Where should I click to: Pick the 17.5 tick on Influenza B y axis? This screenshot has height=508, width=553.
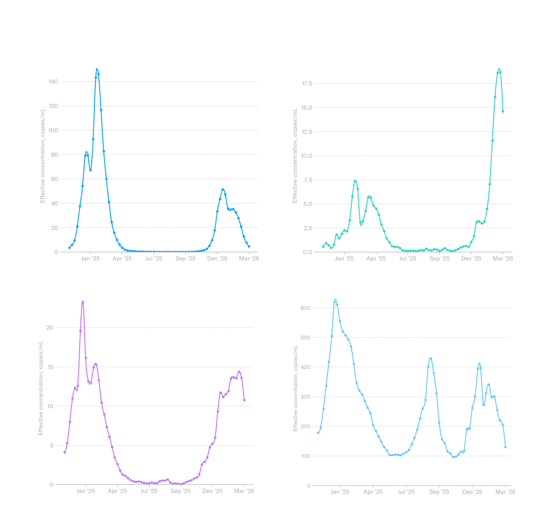tap(307, 83)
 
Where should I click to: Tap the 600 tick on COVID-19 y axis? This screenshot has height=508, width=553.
tap(305, 308)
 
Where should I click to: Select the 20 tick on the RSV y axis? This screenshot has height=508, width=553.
tap(50, 328)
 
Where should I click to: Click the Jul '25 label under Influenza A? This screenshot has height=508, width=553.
tap(154, 259)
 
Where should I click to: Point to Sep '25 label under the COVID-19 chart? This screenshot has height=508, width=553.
tap(439, 492)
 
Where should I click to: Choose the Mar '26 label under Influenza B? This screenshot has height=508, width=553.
tap(503, 259)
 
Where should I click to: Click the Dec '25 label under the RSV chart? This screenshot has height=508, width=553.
tap(212, 491)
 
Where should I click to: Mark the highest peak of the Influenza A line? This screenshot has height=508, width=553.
tap(97, 69)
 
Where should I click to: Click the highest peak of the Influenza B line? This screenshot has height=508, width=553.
tap(499, 69)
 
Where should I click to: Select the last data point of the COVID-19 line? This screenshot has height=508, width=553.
tap(505, 447)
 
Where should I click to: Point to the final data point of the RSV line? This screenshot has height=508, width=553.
tap(244, 400)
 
